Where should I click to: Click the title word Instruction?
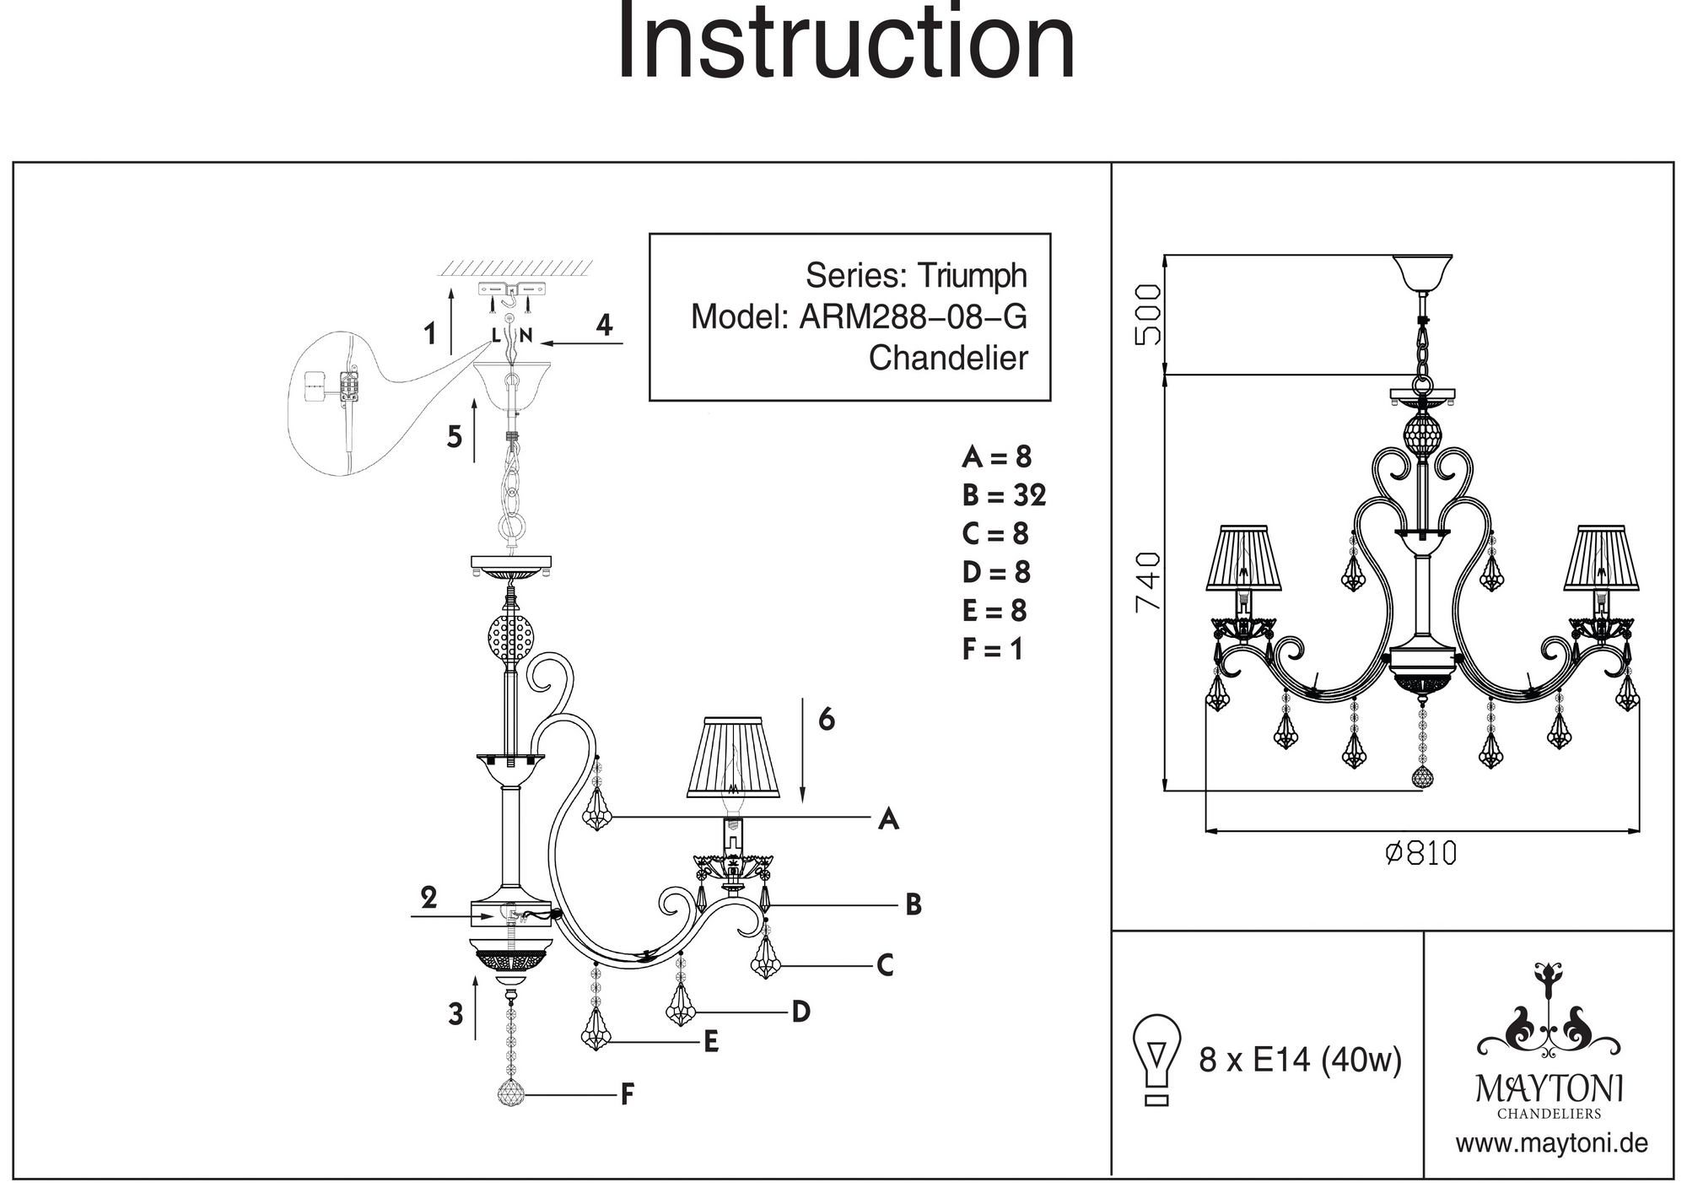point(846,42)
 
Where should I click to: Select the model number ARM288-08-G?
point(913,317)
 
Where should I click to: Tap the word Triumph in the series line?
point(972,276)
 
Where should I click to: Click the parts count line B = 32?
point(1003,495)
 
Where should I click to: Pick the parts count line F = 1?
point(992,650)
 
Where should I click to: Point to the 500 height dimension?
point(1148,314)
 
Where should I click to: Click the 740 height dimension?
point(1148,581)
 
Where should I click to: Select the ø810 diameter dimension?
point(1420,853)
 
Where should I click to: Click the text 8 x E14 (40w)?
point(1300,1060)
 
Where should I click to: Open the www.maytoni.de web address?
point(1551,1144)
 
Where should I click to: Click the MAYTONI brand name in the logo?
point(1549,1089)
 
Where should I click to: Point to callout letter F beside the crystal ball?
point(627,1095)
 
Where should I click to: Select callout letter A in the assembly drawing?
point(888,818)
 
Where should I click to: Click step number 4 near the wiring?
point(604,326)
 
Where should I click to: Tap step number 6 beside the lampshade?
point(826,720)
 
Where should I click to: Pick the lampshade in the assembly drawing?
point(733,758)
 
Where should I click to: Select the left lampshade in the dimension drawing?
point(1243,559)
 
